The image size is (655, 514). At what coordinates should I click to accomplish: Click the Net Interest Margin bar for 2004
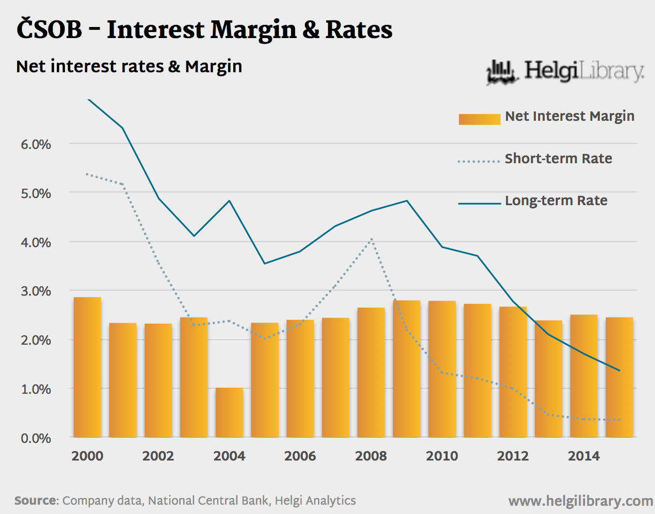(x=229, y=413)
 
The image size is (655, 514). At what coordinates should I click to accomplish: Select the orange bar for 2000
(x=87, y=367)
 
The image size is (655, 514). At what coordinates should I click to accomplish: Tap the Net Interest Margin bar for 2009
(x=406, y=369)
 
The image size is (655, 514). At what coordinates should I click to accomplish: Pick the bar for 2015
(x=619, y=377)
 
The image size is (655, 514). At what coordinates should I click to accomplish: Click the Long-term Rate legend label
(x=556, y=201)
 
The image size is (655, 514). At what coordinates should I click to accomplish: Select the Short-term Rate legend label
(x=558, y=159)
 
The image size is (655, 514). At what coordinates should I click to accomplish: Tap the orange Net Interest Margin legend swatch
(x=479, y=118)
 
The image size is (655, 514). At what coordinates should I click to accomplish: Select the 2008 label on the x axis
(x=371, y=456)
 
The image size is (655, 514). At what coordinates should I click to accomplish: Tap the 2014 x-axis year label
(x=584, y=456)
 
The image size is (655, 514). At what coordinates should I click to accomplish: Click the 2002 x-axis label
(x=158, y=456)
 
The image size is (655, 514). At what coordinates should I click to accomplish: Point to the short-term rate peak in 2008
(x=372, y=239)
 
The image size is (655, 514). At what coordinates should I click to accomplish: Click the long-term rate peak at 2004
(x=229, y=201)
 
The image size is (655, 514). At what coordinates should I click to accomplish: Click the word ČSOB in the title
(x=49, y=30)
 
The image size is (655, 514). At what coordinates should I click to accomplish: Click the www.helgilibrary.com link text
(x=580, y=501)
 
